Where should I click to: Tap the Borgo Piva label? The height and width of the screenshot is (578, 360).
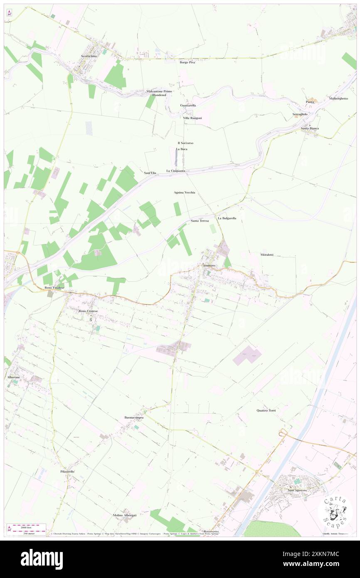187,62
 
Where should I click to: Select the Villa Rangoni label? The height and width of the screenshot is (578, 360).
192,118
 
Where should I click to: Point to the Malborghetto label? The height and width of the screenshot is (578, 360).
338,99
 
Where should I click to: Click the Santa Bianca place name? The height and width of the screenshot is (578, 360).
310,128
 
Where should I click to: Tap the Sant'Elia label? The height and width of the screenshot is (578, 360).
150,173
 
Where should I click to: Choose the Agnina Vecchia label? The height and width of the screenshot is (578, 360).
184,193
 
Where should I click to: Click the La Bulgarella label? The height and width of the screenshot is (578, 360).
227,218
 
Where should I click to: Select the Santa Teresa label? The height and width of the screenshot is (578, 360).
200,220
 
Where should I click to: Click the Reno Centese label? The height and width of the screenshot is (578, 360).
88,311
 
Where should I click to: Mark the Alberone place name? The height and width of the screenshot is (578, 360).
14,377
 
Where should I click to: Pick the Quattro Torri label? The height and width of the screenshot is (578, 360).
266,410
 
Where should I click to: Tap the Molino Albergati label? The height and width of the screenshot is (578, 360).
125,515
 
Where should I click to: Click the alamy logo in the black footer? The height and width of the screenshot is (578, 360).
42,559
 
